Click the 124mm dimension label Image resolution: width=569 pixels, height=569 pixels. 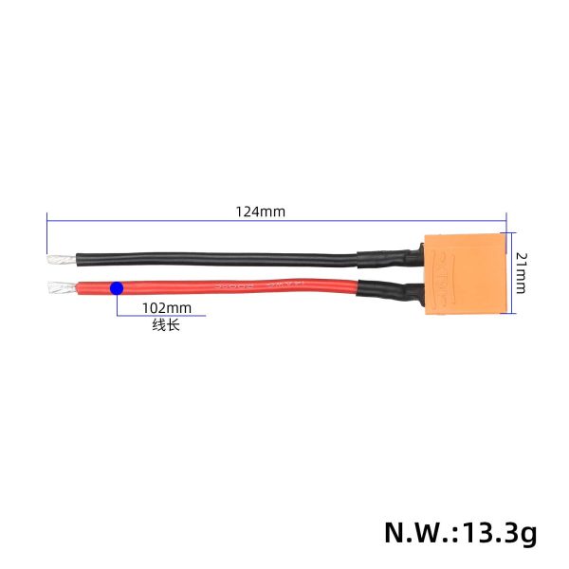260,211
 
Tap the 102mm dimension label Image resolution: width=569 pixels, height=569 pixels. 166,307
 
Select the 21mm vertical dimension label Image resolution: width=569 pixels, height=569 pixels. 520,271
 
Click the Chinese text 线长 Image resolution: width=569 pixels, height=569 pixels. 165,325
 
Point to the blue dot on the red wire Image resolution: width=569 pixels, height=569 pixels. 116,287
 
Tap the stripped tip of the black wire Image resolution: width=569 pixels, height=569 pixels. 56,257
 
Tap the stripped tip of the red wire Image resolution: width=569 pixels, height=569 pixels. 57,286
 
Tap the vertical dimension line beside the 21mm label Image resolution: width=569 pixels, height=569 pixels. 511,272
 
